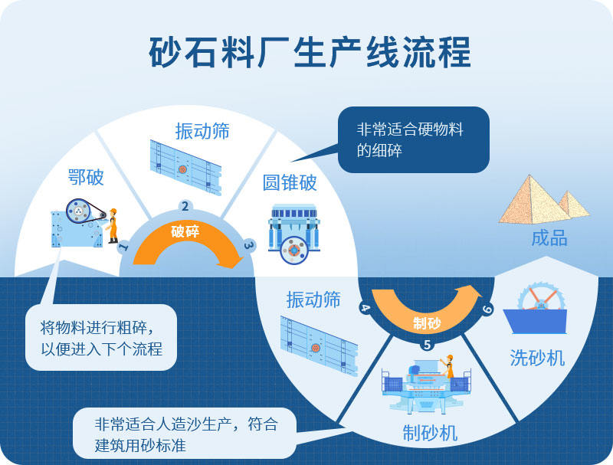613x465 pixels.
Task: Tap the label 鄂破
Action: click(85, 178)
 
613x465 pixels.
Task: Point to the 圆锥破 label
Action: click(290, 183)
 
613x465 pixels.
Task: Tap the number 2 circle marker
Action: click(185, 206)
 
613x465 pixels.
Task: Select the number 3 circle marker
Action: click(248, 245)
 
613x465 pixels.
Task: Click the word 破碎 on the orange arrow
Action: click(185, 231)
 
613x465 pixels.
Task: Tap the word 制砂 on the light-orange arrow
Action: click(427, 322)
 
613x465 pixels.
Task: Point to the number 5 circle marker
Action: click(427, 345)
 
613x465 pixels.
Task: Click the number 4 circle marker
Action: click(365, 308)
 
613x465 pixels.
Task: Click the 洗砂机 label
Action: click(538, 357)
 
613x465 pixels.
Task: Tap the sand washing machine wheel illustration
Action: click(541, 300)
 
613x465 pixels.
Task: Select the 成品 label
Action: click(549, 238)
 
